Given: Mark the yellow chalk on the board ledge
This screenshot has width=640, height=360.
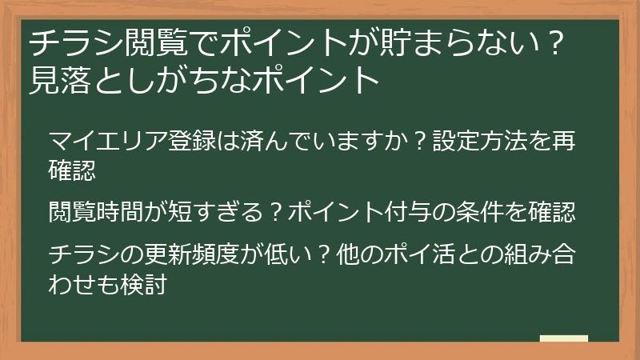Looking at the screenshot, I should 564,338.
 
